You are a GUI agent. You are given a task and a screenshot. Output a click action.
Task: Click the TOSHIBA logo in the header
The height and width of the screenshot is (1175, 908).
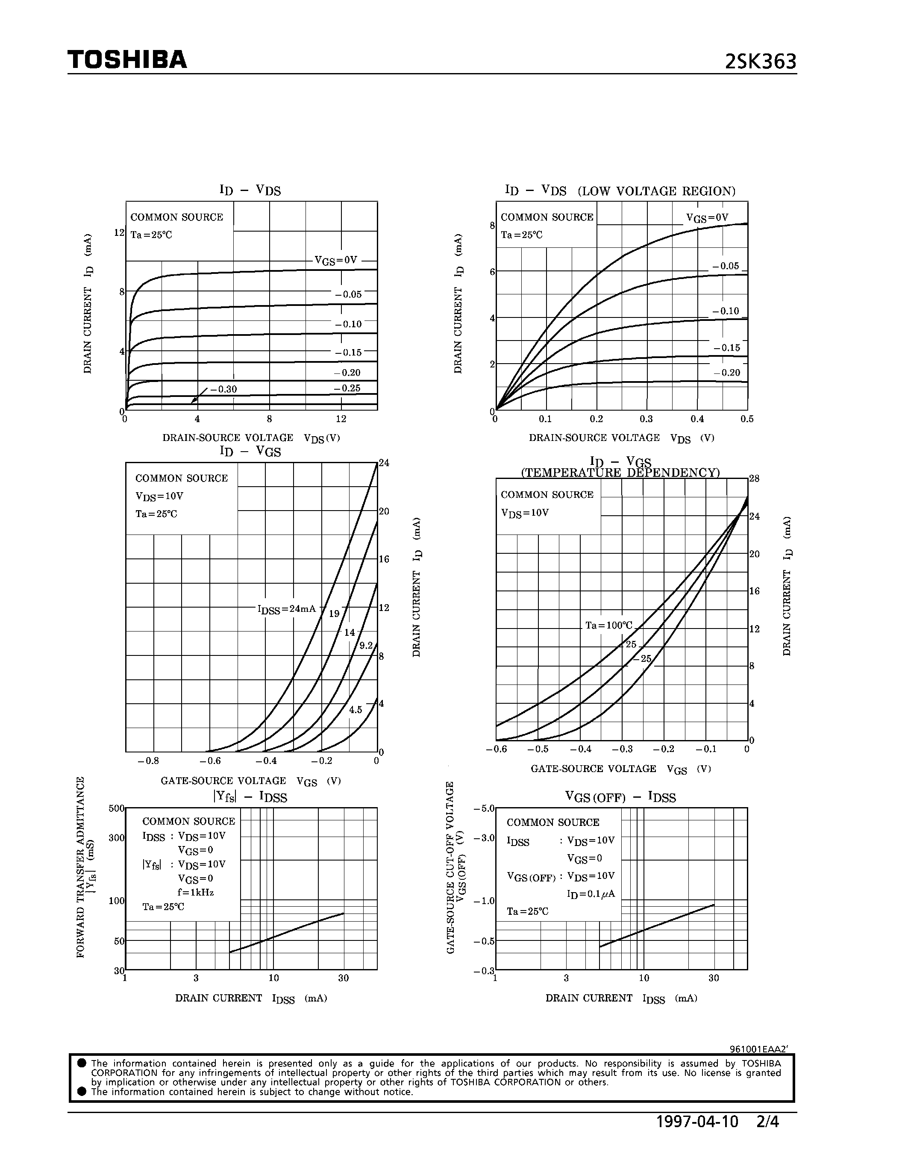tap(127, 60)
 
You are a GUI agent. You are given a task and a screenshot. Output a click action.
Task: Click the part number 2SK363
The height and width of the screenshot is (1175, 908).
tap(760, 62)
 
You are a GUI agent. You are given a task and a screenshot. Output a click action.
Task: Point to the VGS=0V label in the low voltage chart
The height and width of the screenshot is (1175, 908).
tap(706, 217)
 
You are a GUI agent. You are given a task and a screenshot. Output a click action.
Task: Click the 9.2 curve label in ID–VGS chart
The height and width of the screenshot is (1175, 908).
tap(366, 646)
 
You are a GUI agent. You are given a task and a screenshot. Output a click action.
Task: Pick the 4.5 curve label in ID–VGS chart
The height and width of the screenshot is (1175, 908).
tap(356, 710)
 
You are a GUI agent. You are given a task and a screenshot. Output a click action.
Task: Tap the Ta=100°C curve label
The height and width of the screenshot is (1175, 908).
tap(609, 625)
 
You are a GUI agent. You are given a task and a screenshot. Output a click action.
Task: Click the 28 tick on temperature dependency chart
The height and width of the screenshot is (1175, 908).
tap(754, 478)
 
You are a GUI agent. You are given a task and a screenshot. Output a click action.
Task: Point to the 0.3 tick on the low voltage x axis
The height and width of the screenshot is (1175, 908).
tap(646, 419)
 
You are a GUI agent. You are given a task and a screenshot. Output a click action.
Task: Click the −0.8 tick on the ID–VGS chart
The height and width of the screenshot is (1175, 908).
tap(148, 761)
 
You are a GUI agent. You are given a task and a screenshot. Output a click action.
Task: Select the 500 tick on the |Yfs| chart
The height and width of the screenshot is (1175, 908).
tap(116, 808)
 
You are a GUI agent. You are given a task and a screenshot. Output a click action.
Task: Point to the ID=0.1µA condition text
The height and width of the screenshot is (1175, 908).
tap(591, 893)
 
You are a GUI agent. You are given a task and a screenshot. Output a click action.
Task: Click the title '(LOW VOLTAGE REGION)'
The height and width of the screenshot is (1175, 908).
tap(656, 191)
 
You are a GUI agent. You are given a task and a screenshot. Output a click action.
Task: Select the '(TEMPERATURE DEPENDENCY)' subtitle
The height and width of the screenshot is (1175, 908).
tap(620, 473)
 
